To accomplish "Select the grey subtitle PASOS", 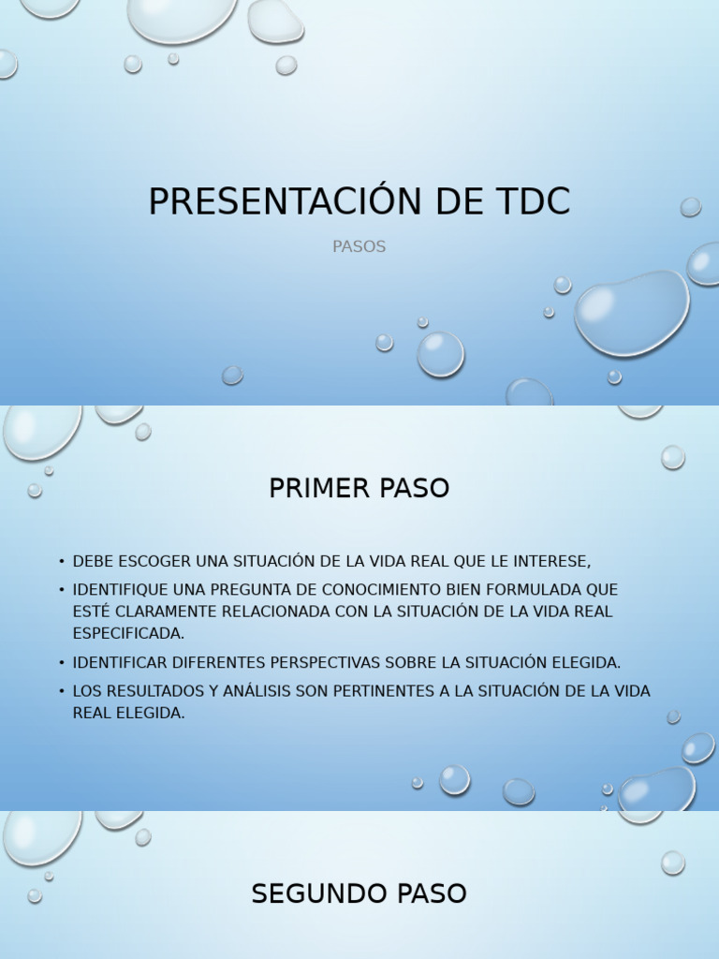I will (x=359, y=247).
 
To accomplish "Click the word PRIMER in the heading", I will (x=312, y=489).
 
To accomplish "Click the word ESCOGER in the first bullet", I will (x=155, y=561).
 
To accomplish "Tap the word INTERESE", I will (x=547, y=561).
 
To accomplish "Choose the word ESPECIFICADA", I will (x=128, y=634).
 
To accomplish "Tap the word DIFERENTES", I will (x=219, y=662).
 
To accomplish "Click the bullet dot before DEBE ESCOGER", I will (x=61, y=562).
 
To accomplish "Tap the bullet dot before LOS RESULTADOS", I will (x=61, y=691).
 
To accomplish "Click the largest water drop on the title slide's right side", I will (x=632, y=313).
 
